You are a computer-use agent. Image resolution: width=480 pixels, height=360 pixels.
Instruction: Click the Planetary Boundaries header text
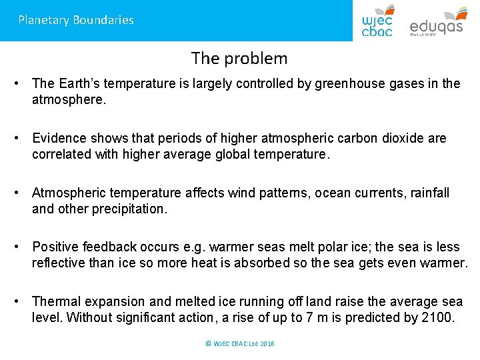coord(76,20)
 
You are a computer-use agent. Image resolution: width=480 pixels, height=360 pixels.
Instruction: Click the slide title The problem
coord(239,59)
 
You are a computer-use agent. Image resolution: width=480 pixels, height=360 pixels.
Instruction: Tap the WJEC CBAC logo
coord(377,21)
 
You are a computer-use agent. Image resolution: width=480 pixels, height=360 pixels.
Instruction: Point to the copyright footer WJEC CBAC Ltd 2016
coord(240,343)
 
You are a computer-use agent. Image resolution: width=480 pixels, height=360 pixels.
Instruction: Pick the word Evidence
coord(59,138)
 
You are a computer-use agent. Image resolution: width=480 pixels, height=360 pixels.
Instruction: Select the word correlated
coord(62,154)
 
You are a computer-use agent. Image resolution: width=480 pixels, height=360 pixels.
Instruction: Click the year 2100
coord(438,317)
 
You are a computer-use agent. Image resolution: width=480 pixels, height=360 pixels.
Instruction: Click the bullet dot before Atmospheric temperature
coord(22,193)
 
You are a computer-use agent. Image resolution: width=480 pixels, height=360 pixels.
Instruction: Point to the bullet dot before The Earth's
coord(22,83)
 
